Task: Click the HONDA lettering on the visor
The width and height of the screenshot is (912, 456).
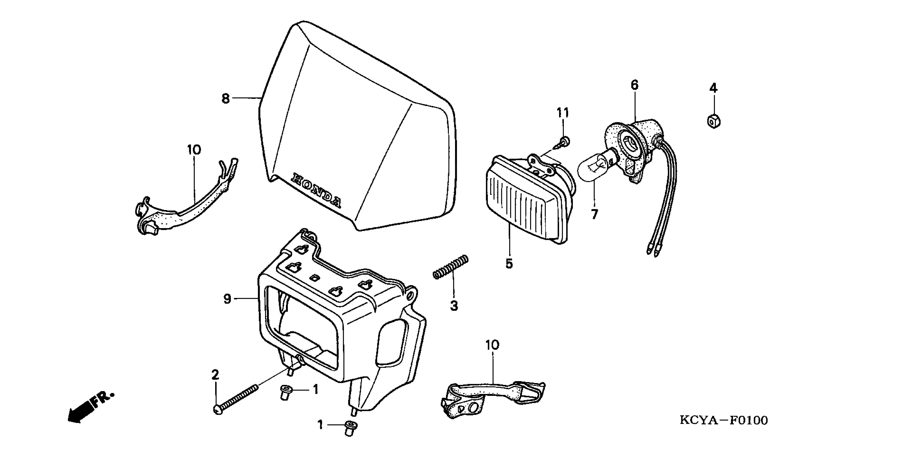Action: coord(316,190)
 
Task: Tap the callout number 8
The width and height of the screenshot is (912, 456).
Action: coord(226,98)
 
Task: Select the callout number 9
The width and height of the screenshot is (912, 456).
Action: coord(227,299)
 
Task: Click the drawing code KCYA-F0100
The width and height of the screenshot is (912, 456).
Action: coord(724,421)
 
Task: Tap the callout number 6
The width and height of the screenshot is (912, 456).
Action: coord(634,85)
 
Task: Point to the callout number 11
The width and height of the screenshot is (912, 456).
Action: coord(563,113)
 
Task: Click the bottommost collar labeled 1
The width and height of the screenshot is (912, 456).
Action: coord(350,428)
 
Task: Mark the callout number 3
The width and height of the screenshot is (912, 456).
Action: coord(454,306)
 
